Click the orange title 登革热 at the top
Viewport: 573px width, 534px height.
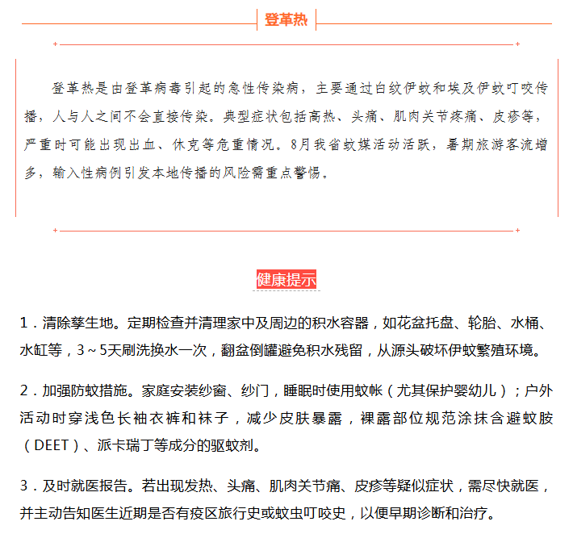pyautogui.click(x=286, y=20)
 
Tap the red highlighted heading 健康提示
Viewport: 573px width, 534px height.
pyautogui.click(x=286, y=280)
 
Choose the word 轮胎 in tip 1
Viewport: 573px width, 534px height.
pyautogui.click(x=479, y=323)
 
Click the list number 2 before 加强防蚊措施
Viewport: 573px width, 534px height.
pyautogui.click(x=24, y=391)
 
